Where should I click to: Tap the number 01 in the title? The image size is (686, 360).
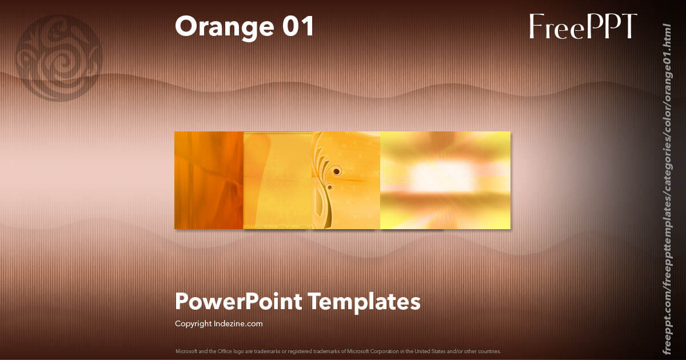[x=297, y=26]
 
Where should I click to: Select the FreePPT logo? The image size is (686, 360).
[x=583, y=26]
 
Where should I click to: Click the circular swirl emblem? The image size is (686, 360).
[x=59, y=58]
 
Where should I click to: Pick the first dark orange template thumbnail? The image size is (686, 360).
[x=209, y=180]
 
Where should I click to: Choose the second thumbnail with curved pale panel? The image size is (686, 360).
[x=277, y=180]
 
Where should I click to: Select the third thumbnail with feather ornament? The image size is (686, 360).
[x=346, y=180]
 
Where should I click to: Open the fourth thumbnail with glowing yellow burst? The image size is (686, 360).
[x=445, y=180]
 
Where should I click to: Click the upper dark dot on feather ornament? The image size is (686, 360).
[x=337, y=171]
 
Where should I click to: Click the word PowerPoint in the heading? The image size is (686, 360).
[x=238, y=301]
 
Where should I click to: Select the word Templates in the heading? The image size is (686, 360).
[x=364, y=301]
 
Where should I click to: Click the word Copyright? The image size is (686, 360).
[x=193, y=323]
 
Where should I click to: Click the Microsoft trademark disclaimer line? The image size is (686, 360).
[x=338, y=351]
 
